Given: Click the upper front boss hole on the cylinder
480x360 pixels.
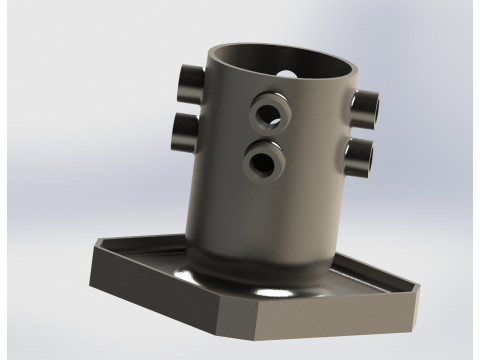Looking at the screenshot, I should (271, 116).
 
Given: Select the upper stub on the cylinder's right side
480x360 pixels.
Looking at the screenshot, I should (368, 104).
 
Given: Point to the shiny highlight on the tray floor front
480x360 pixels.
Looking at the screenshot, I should (270, 291).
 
